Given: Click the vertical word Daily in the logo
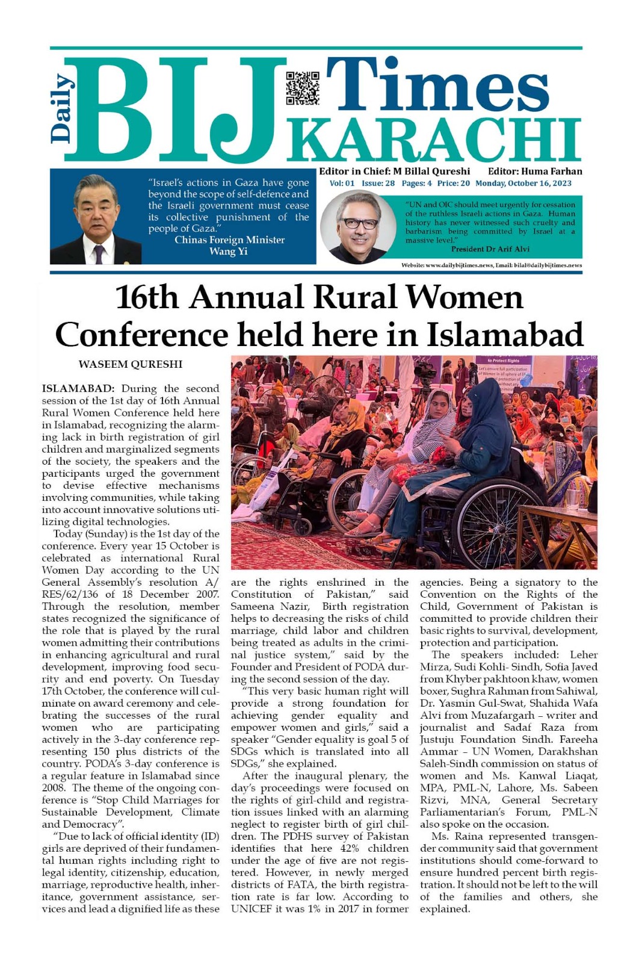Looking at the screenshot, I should point(62,108).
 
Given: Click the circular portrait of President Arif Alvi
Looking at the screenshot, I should point(358,228).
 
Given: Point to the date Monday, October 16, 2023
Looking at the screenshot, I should point(523,184).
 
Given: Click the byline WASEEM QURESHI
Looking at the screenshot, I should point(131,364).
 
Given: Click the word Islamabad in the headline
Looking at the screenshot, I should point(505,335).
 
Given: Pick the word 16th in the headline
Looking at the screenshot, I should point(150,297).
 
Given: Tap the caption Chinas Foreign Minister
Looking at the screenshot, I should point(229,240).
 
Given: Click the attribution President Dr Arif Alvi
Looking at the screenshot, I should point(490,249).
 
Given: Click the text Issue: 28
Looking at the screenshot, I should point(378,184).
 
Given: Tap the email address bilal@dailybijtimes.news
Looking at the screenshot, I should point(548,265).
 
